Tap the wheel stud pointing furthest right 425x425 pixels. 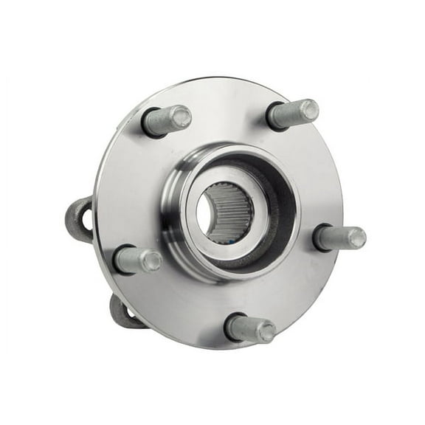pyautogui.click(x=340, y=238)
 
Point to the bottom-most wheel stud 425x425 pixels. pyautogui.click(x=251, y=328)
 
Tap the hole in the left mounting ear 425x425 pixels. pyautogui.click(x=86, y=220)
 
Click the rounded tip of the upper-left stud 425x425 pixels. pyautogui.click(x=181, y=117)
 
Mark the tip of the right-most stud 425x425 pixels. pyautogui.click(x=356, y=238)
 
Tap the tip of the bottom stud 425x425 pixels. pyautogui.click(x=266, y=331)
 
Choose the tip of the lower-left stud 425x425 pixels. pyautogui.click(x=151, y=260)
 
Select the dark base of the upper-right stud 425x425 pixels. pyautogui.click(x=274, y=116)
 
